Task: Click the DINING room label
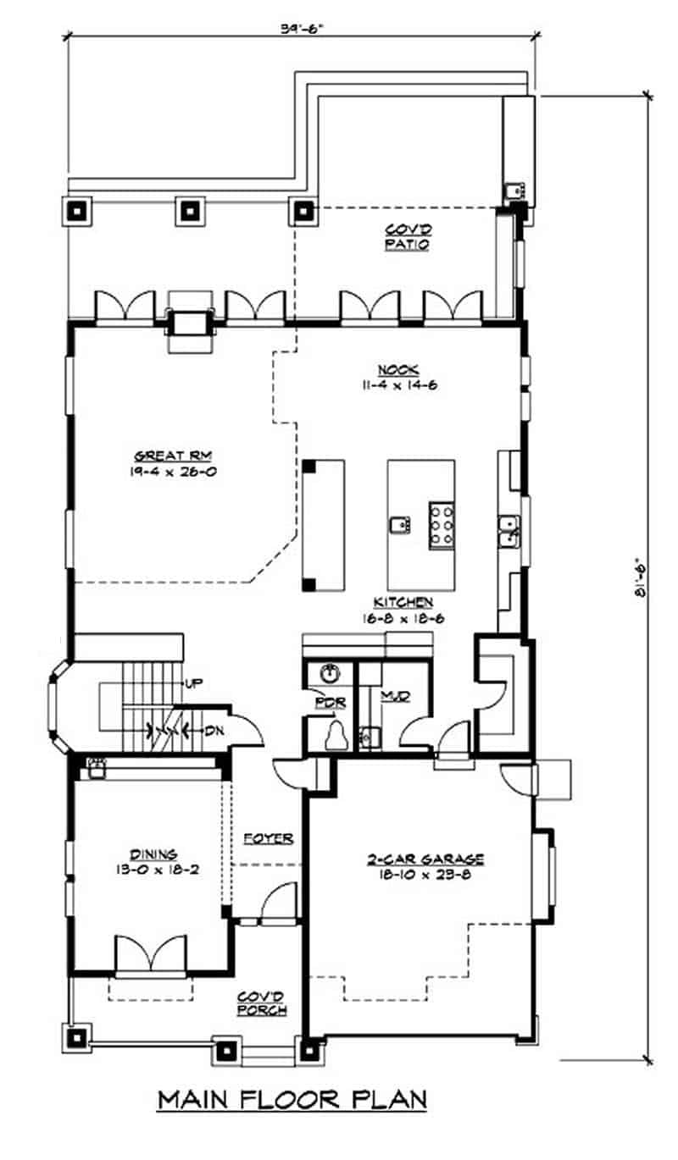pyautogui.click(x=153, y=854)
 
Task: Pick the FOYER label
pyautogui.click(x=268, y=839)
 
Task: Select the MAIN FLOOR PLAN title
pyautogui.click(x=292, y=1100)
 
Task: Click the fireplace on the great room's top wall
pyautogui.click(x=190, y=323)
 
